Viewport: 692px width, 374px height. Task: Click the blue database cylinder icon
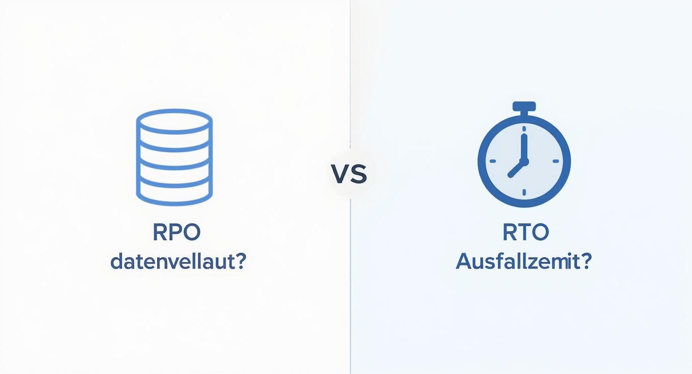pos(174,157)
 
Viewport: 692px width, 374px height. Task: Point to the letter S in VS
pos(359,175)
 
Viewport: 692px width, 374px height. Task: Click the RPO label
pos(176,233)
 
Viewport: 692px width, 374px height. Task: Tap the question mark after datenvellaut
pos(239,262)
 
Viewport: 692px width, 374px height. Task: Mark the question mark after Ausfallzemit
pos(585,262)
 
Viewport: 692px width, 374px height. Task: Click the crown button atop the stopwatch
pos(524,106)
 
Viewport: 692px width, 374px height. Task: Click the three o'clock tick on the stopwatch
pos(555,161)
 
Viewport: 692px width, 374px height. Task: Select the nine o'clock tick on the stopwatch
pos(493,161)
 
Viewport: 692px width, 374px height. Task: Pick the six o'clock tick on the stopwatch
pos(524,191)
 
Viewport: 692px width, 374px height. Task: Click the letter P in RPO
pos(176,233)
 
